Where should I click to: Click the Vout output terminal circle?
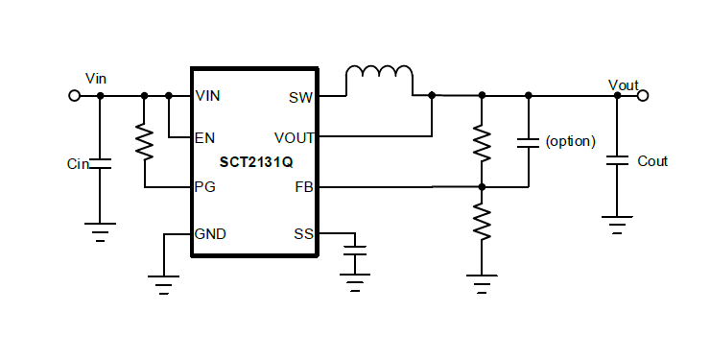click(x=643, y=95)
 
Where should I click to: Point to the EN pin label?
click(x=204, y=138)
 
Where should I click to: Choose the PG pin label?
click(x=204, y=187)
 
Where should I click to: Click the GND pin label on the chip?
click(x=210, y=233)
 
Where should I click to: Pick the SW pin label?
click(x=299, y=96)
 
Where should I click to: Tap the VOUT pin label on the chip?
click(x=293, y=138)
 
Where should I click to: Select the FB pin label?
click(x=302, y=187)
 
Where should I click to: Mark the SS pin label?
click(x=302, y=233)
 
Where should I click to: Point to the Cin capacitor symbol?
click(x=100, y=164)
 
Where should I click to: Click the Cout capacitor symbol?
click(x=617, y=160)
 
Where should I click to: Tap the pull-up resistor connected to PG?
click(x=144, y=143)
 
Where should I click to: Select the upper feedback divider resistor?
click(x=482, y=141)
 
